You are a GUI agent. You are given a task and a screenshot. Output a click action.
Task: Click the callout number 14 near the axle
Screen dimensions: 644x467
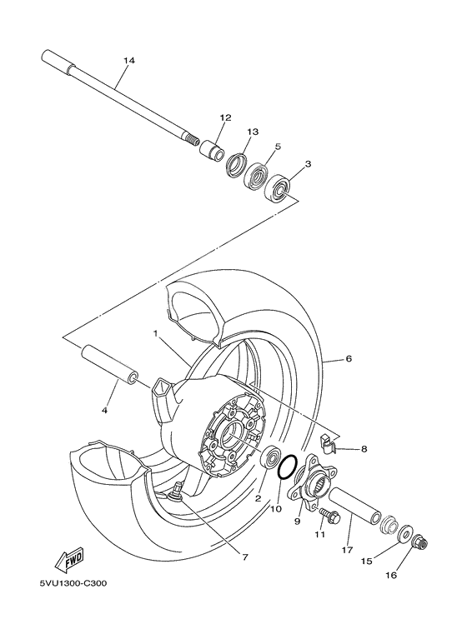point(128,61)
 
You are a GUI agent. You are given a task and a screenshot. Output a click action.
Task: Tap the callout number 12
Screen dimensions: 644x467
point(224,117)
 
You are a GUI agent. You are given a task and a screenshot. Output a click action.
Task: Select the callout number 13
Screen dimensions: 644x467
point(254,132)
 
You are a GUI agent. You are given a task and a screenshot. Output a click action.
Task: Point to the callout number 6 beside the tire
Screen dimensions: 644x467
point(349,359)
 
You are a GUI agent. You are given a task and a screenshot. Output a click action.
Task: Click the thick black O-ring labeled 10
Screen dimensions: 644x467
point(286,468)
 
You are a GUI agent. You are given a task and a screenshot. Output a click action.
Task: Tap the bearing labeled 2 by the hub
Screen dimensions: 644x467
point(270,457)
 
